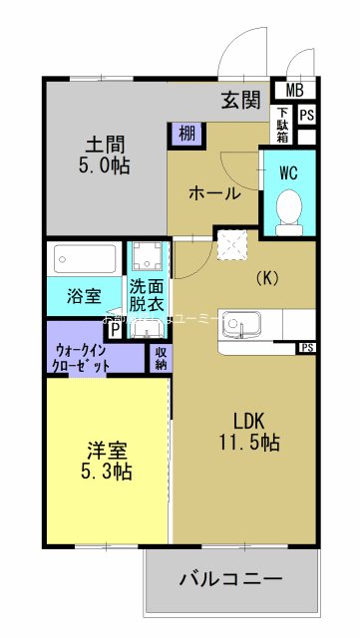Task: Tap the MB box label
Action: coord(296,91)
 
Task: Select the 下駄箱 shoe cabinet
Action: coord(283,126)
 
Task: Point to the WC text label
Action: coord(289,171)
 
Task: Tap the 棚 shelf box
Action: coord(185,131)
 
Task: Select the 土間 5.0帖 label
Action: coord(105,154)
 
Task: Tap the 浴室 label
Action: coord(84,296)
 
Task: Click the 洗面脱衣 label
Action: coord(147,296)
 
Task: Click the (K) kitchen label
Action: coord(266,278)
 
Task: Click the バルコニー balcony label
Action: coord(230,579)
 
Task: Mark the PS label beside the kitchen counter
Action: coord(307,348)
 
